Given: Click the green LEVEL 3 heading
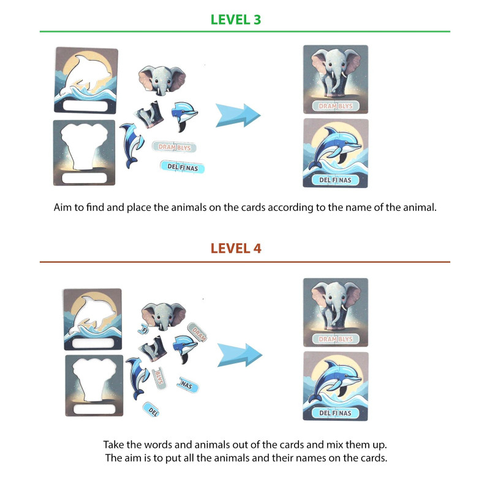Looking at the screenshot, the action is pyautogui.click(x=236, y=20).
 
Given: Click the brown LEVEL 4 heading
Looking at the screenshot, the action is pyautogui.click(x=236, y=249).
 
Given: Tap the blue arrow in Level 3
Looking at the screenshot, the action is pyautogui.click(x=238, y=115).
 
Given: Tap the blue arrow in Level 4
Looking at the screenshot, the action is pyautogui.click(x=239, y=355).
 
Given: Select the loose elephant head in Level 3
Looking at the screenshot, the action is pyautogui.click(x=162, y=80).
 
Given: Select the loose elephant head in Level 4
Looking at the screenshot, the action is pyautogui.click(x=164, y=316).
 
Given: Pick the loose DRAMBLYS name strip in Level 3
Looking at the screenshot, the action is pyautogui.click(x=175, y=147).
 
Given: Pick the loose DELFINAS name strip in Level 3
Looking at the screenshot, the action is pyautogui.click(x=183, y=167).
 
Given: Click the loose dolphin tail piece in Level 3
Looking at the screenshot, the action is pyautogui.click(x=131, y=145).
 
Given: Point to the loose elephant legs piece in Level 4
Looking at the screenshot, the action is pyautogui.click(x=153, y=348).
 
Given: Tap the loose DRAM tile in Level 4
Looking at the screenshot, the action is pyautogui.click(x=197, y=333).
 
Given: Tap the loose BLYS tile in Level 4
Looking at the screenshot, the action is pyautogui.click(x=159, y=378).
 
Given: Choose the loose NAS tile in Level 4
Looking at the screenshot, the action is pyautogui.click(x=188, y=385).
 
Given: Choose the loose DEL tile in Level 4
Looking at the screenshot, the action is pyautogui.click(x=151, y=409).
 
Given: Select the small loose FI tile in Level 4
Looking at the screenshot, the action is pyautogui.click(x=143, y=329).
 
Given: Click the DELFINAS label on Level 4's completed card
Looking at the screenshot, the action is pyautogui.click(x=335, y=413).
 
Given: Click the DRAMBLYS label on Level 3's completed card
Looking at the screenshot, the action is pyautogui.click(x=336, y=106).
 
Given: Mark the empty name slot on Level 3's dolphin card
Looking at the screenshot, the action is pyautogui.click(x=85, y=105).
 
